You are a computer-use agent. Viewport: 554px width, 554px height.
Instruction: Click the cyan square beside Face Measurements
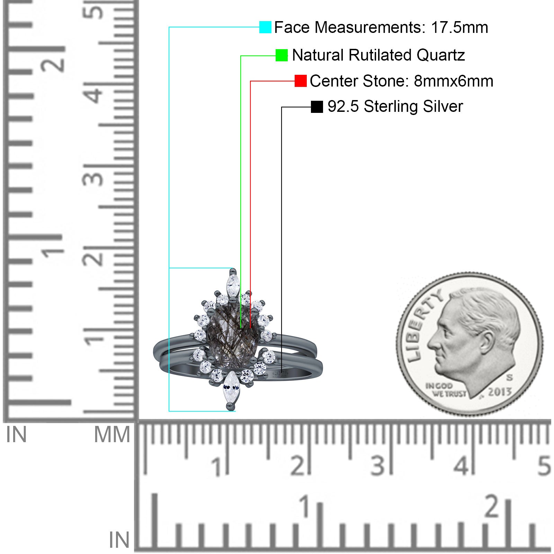(x=265, y=27)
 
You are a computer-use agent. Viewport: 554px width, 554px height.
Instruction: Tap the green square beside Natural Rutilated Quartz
(x=282, y=55)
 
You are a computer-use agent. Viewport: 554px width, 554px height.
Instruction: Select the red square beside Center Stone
(x=301, y=81)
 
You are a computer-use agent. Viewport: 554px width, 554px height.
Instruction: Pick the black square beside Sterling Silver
(x=317, y=107)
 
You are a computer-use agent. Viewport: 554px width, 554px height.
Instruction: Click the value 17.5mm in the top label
(x=459, y=27)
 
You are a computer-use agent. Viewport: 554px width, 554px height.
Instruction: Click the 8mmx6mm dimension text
(x=454, y=81)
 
